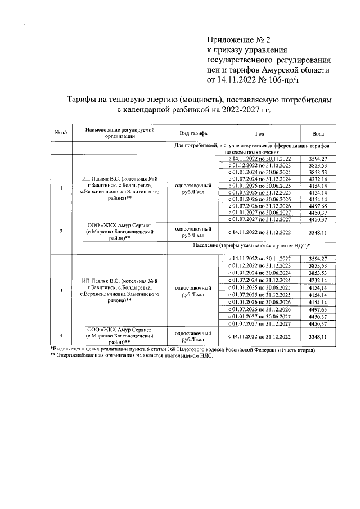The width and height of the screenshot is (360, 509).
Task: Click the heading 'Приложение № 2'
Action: tap(239, 40)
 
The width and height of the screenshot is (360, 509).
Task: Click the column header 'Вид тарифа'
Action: tap(194, 133)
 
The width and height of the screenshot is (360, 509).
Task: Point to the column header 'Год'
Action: tap(259, 133)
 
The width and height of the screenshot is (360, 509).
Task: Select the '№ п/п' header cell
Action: tap(61, 133)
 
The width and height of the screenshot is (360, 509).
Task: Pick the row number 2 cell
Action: tap(61, 232)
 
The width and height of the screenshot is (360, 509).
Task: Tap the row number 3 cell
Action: tap(61, 290)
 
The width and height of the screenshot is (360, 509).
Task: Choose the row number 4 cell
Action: tap(61, 336)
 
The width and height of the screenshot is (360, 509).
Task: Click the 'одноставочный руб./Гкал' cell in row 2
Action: tap(194, 232)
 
